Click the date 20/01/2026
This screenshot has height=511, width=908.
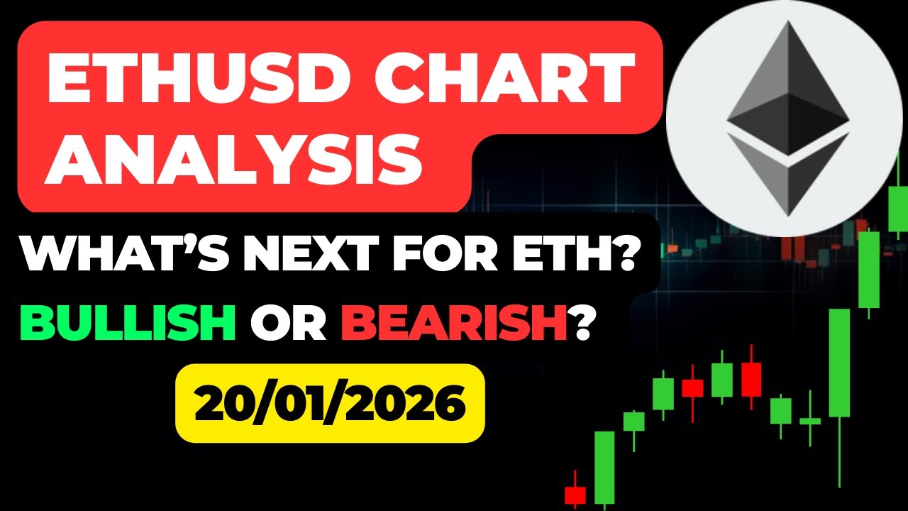pyautogui.click(x=330, y=403)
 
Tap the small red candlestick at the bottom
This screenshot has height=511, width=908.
pyautogui.click(x=575, y=494)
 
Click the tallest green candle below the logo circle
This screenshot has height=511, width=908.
pyautogui.click(x=839, y=362)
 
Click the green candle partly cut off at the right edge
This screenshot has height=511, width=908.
pyautogui.click(x=898, y=209)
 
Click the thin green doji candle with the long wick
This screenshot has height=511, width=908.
pyautogui.click(x=810, y=420)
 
